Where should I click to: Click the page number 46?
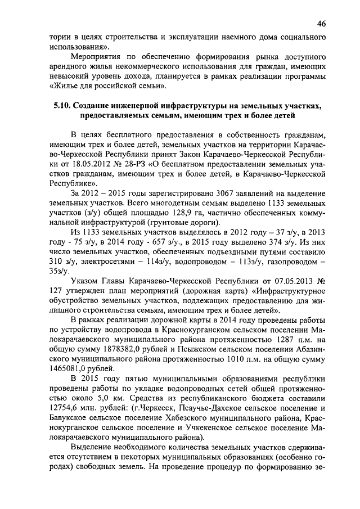click(321, 23)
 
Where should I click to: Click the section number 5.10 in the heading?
click(61, 106)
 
